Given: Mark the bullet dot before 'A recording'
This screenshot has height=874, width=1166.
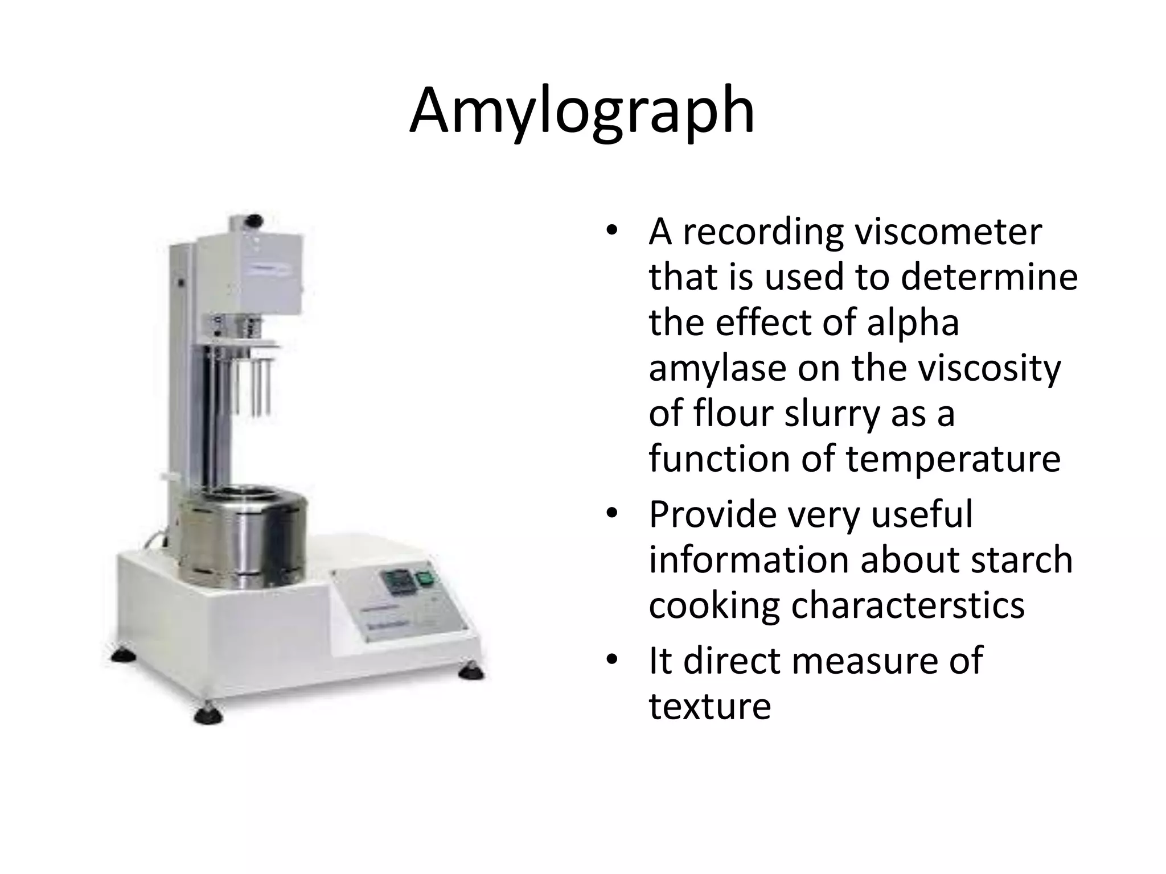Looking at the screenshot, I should pyautogui.click(x=611, y=232).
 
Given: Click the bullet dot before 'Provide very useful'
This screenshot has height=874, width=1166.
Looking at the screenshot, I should pyautogui.click(x=611, y=514).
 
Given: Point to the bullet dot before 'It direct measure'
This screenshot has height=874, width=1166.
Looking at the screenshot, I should pyautogui.click(x=611, y=660).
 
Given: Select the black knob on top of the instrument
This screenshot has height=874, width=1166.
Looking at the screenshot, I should pyautogui.click(x=256, y=220).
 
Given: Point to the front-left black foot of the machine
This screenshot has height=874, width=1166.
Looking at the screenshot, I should pyautogui.click(x=206, y=716).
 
